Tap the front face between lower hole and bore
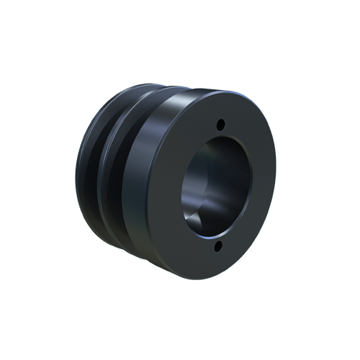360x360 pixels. coord(217,238)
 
